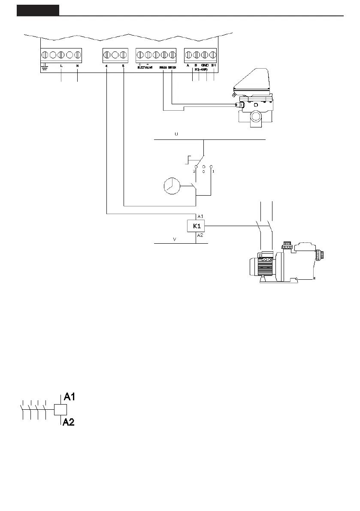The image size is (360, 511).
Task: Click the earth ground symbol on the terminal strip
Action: [x=43, y=67]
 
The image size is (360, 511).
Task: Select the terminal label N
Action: [x=77, y=66]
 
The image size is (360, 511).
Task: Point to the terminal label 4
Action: [x=106, y=66]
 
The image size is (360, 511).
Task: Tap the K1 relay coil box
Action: [x=196, y=226]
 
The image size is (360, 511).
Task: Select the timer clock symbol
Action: [x=172, y=187]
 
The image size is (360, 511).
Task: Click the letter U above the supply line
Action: [x=175, y=134]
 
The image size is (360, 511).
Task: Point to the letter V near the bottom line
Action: [x=174, y=239]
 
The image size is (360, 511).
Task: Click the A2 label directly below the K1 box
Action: [x=200, y=236]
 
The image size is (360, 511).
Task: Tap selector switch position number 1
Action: [x=213, y=171]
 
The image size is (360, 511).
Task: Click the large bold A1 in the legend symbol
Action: [x=70, y=397]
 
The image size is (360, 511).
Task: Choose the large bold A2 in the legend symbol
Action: [x=69, y=423]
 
